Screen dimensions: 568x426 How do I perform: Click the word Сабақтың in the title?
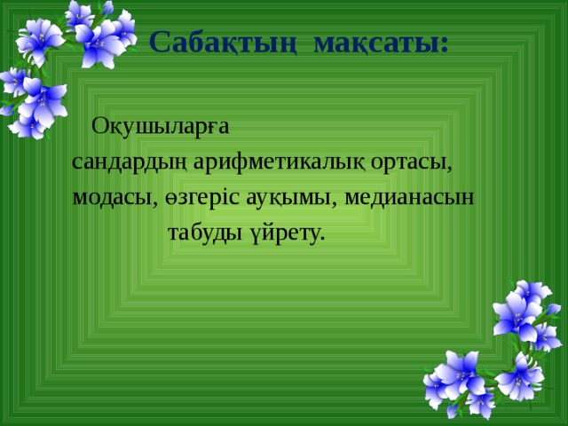223,43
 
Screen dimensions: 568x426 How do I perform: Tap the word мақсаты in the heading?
376,43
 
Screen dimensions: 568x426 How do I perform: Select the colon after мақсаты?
445,44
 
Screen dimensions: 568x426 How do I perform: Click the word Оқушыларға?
161,128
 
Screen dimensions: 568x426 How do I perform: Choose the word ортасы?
409,163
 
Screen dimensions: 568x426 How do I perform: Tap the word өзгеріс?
203,198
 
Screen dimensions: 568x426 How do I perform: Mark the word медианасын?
409,198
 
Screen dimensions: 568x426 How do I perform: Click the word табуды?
205,233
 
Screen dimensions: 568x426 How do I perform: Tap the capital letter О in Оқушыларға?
100,126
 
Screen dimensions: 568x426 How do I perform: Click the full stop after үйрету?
321,239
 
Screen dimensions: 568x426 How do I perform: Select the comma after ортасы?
449,170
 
